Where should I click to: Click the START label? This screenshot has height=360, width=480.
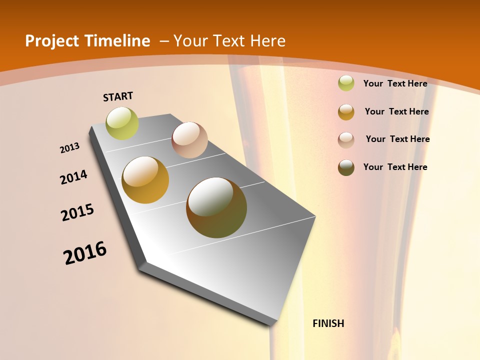click(118, 96)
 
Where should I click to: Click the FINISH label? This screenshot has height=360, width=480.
click(328, 323)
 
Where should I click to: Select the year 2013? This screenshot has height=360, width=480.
click(70, 148)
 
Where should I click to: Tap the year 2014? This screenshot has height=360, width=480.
click(74, 177)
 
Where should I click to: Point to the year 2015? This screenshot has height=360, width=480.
click(77, 212)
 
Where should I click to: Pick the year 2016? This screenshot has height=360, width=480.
click(85, 253)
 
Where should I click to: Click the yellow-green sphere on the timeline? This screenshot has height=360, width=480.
click(122, 123)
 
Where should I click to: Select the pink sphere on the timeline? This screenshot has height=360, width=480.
click(189, 140)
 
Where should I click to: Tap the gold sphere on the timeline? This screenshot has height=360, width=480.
click(145, 180)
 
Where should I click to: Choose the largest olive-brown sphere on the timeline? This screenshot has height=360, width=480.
click(216, 207)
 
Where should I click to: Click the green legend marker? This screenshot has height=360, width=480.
click(346, 83)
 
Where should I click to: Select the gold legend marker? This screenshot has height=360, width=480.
click(346, 112)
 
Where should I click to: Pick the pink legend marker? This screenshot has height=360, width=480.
click(346, 140)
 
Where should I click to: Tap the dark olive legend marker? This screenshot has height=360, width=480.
click(346, 167)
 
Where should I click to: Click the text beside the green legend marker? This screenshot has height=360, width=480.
click(395, 84)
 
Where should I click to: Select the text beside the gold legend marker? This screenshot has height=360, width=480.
click(396, 112)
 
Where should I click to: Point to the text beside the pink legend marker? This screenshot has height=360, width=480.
click(397, 139)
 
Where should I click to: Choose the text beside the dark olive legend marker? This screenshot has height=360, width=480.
click(395, 167)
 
